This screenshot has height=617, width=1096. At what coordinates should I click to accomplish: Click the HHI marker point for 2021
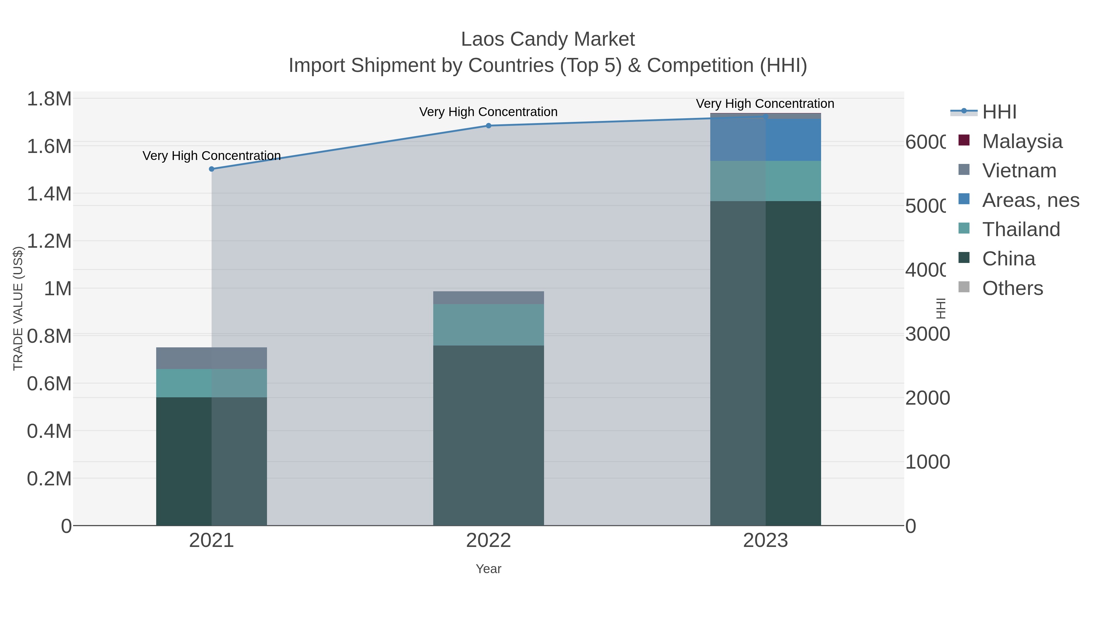(x=212, y=169)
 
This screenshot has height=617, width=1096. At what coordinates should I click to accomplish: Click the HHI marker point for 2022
(x=488, y=126)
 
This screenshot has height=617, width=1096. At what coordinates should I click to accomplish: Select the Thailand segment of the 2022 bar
(x=488, y=324)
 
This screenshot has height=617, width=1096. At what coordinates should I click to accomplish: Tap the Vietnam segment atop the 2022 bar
(x=488, y=298)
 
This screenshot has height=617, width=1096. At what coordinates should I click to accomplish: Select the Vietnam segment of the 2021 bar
(x=212, y=358)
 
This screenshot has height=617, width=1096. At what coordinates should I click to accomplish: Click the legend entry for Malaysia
(x=1021, y=141)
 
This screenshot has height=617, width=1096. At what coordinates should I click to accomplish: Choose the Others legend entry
(x=1012, y=288)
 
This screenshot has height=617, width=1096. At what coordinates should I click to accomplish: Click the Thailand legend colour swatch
(x=964, y=228)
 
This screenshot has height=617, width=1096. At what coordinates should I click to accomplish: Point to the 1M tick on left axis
(x=58, y=289)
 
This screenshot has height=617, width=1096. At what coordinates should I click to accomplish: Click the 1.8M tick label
(x=49, y=99)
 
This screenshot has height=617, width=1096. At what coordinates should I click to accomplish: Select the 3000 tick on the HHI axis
(x=927, y=334)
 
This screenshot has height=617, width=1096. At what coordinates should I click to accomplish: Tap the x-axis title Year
(x=488, y=569)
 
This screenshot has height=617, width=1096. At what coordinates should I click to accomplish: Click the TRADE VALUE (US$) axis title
(x=18, y=308)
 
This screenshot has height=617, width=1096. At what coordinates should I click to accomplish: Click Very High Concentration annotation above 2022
(x=488, y=112)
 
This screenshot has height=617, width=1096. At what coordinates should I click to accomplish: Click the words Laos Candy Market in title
(x=548, y=39)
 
